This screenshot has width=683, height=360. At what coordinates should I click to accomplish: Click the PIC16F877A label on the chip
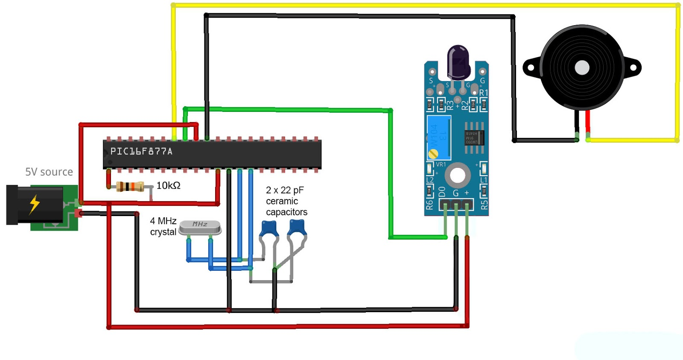tap(141, 151)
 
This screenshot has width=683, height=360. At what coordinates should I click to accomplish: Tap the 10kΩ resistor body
tap(130, 187)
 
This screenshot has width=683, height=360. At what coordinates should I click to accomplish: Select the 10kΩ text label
tap(168, 185)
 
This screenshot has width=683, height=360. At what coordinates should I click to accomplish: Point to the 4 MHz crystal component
tap(200, 228)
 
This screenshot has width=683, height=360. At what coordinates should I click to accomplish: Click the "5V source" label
tap(49, 172)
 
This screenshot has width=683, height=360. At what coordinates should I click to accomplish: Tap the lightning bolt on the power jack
tap(35, 204)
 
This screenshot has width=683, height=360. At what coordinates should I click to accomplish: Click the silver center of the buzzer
tap(582, 67)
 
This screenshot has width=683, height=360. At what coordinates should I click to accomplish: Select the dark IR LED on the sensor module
tap(458, 62)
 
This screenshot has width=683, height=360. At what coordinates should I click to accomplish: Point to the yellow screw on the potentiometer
tap(433, 154)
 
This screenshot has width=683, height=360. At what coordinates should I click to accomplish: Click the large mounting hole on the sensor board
tap(458, 175)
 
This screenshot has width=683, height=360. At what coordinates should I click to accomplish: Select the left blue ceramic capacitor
tap(269, 228)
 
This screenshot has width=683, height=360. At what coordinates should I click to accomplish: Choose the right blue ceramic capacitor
tap(297, 227)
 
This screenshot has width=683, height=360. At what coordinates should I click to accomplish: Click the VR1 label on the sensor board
tap(441, 164)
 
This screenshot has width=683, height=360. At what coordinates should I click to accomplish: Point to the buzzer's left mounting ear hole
tap(531, 67)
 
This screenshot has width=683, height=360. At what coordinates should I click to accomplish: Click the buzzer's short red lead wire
tap(588, 122)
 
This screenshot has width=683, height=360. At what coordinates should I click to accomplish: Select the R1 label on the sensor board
tap(483, 93)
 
